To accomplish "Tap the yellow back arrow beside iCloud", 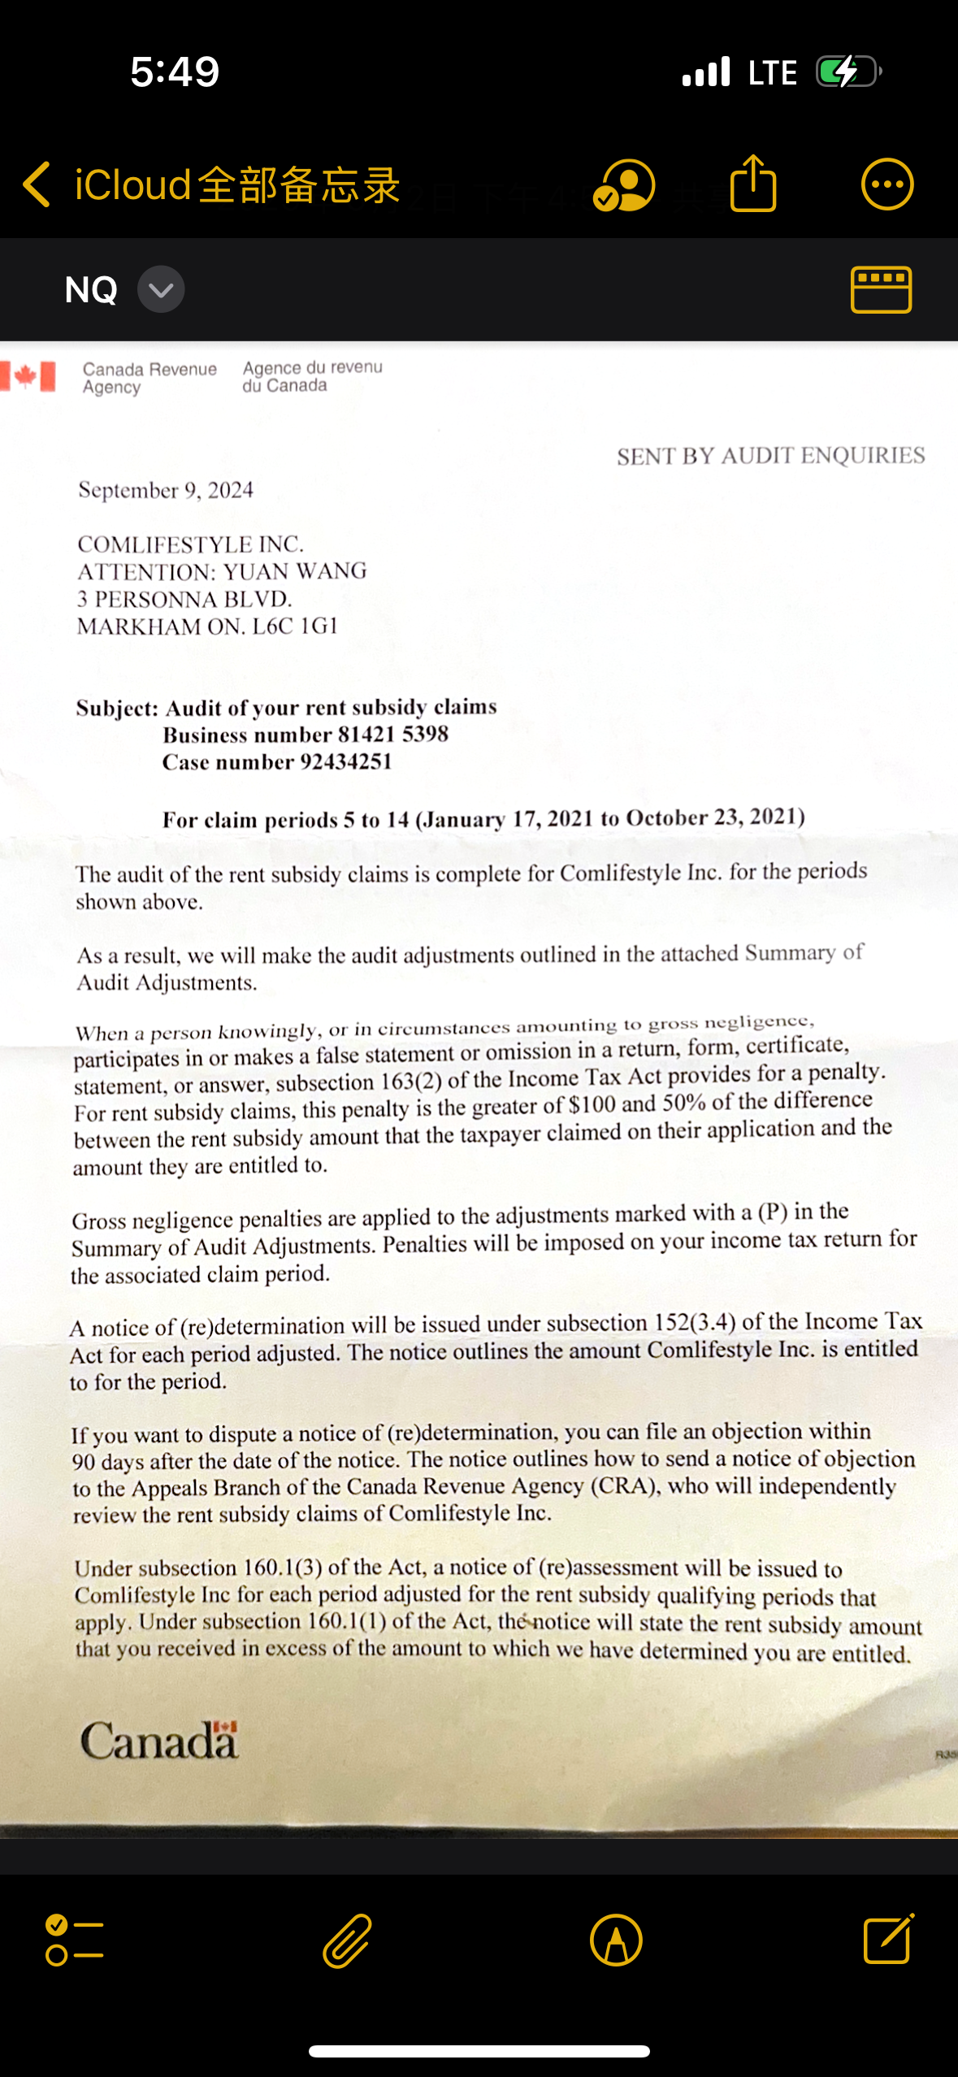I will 37,184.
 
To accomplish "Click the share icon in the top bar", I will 753,184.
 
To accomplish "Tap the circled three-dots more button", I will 886,184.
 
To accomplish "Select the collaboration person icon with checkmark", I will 624,185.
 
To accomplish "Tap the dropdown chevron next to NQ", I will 161,289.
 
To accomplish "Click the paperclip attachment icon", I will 348,1940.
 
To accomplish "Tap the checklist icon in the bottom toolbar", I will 74,1940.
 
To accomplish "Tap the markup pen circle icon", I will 616,1940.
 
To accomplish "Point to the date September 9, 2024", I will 166,490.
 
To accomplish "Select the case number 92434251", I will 346,761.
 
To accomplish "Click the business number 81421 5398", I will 393,734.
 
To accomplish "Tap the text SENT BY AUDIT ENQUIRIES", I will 770,455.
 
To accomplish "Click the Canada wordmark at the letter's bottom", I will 159,1741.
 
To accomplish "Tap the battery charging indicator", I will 847,72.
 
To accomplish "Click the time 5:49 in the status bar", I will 175,72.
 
